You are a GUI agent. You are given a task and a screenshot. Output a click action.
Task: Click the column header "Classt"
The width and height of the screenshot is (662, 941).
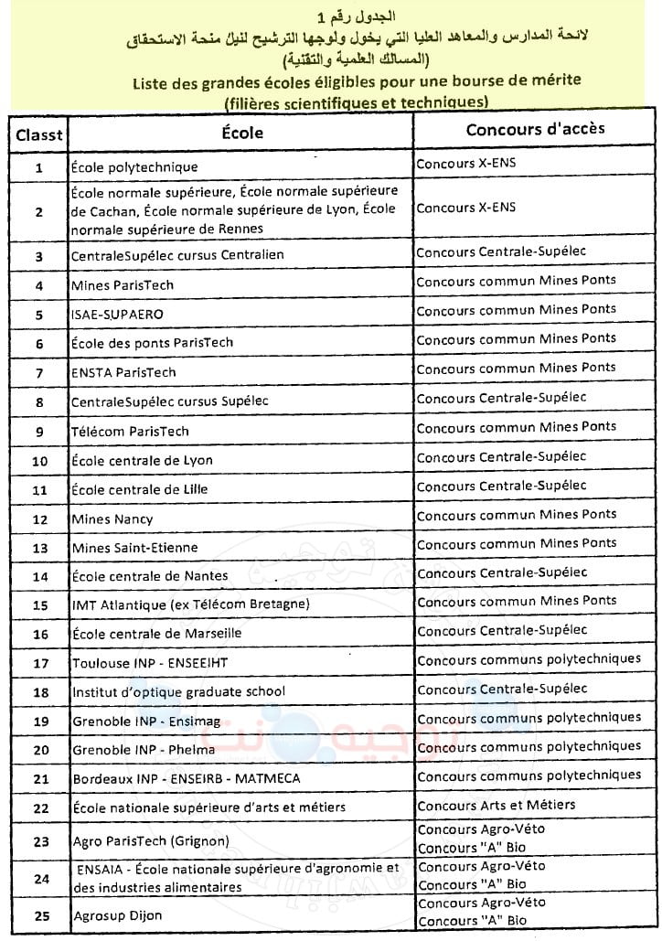[x=39, y=134]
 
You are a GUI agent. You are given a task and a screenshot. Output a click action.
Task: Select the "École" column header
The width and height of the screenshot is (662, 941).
[x=242, y=133]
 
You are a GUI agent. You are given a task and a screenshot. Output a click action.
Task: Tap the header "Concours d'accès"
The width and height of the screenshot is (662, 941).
[x=535, y=129]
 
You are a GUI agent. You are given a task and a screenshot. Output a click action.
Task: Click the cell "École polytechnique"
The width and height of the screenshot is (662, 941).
[x=134, y=167]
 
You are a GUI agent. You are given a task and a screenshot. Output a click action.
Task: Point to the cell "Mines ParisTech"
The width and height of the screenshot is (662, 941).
[x=123, y=285]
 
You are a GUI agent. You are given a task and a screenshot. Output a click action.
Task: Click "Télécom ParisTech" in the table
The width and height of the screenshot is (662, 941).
[x=130, y=432]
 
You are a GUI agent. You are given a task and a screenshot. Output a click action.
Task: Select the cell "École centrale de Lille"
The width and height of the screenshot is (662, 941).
[x=139, y=489]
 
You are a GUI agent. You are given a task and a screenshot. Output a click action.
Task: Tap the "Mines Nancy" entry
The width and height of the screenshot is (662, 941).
[x=112, y=519]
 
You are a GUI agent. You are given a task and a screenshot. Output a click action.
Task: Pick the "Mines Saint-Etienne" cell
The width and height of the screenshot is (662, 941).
[x=134, y=548]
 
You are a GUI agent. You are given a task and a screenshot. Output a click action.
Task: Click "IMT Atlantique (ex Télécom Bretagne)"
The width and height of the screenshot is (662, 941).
[x=190, y=604]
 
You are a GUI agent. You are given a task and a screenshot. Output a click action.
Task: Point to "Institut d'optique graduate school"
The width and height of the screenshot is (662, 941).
[x=178, y=691]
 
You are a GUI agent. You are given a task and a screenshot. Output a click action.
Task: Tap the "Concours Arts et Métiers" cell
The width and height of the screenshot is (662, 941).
[x=496, y=805]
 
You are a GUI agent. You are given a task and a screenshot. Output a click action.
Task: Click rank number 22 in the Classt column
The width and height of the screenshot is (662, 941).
[x=39, y=808]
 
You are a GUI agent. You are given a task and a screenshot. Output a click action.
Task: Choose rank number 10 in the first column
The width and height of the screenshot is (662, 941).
[x=39, y=461]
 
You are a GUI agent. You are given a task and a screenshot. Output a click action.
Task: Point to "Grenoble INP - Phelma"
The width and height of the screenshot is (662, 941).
[x=144, y=750]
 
